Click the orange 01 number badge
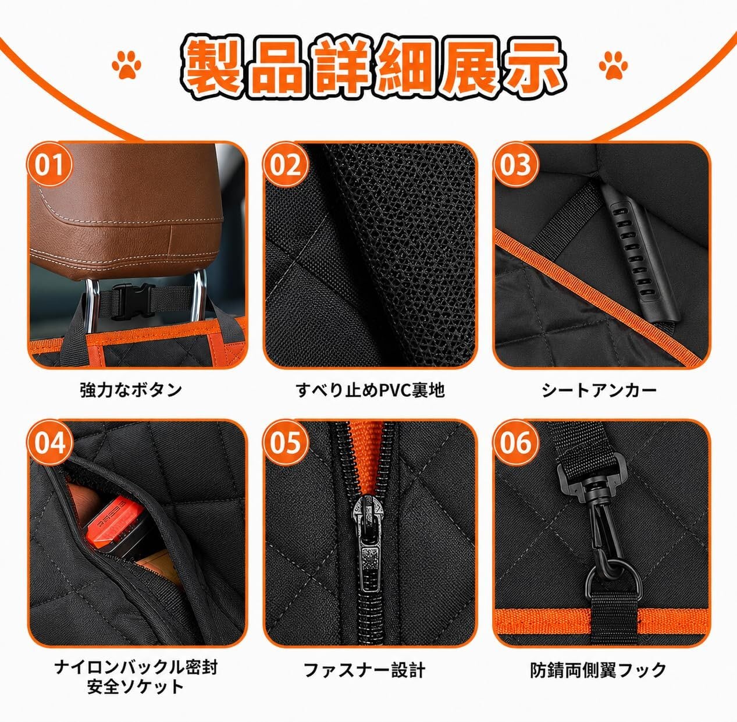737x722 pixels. (x=49, y=165)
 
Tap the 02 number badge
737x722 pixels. (x=285, y=165)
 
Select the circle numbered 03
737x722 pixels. (x=515, y=165)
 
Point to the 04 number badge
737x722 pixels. (x=49, y=443)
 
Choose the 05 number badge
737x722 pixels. (x=285, y=443)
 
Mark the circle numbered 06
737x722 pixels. (x=515, y=443)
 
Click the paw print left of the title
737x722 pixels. (x=126, y=65)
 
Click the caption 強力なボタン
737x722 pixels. (x=131, y=390)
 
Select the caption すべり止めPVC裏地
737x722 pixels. (x=370, y=390)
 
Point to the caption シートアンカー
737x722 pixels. (x=599, y=390)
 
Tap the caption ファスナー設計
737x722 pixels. (x=364, y=670)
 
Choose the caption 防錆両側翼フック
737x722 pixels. (x=598, y=670)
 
